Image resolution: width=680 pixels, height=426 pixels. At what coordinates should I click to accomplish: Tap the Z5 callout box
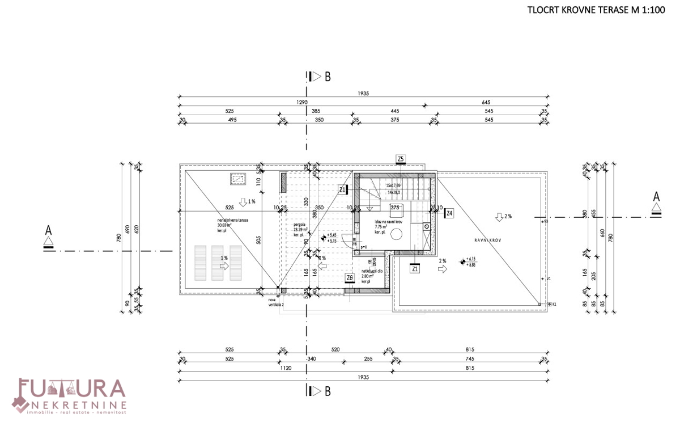[x=401, y=159]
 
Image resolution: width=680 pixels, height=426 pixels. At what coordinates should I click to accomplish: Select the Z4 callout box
[x=449, y=213]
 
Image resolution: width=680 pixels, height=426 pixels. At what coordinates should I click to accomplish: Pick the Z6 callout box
[x=350, y=277]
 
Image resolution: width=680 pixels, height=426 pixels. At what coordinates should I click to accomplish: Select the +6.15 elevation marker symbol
[x=464, y=261]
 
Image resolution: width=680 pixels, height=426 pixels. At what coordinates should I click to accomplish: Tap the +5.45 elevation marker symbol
[x=324, y=238]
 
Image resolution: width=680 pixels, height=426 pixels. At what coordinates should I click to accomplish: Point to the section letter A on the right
[x=656, y=196]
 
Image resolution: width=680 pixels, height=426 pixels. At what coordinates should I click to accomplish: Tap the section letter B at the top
[x=328, y=77]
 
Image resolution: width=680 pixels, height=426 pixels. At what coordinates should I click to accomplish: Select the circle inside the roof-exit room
[x=397, y=235]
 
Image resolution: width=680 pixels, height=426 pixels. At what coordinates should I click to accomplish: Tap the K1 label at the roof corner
[x=554, y=304]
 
